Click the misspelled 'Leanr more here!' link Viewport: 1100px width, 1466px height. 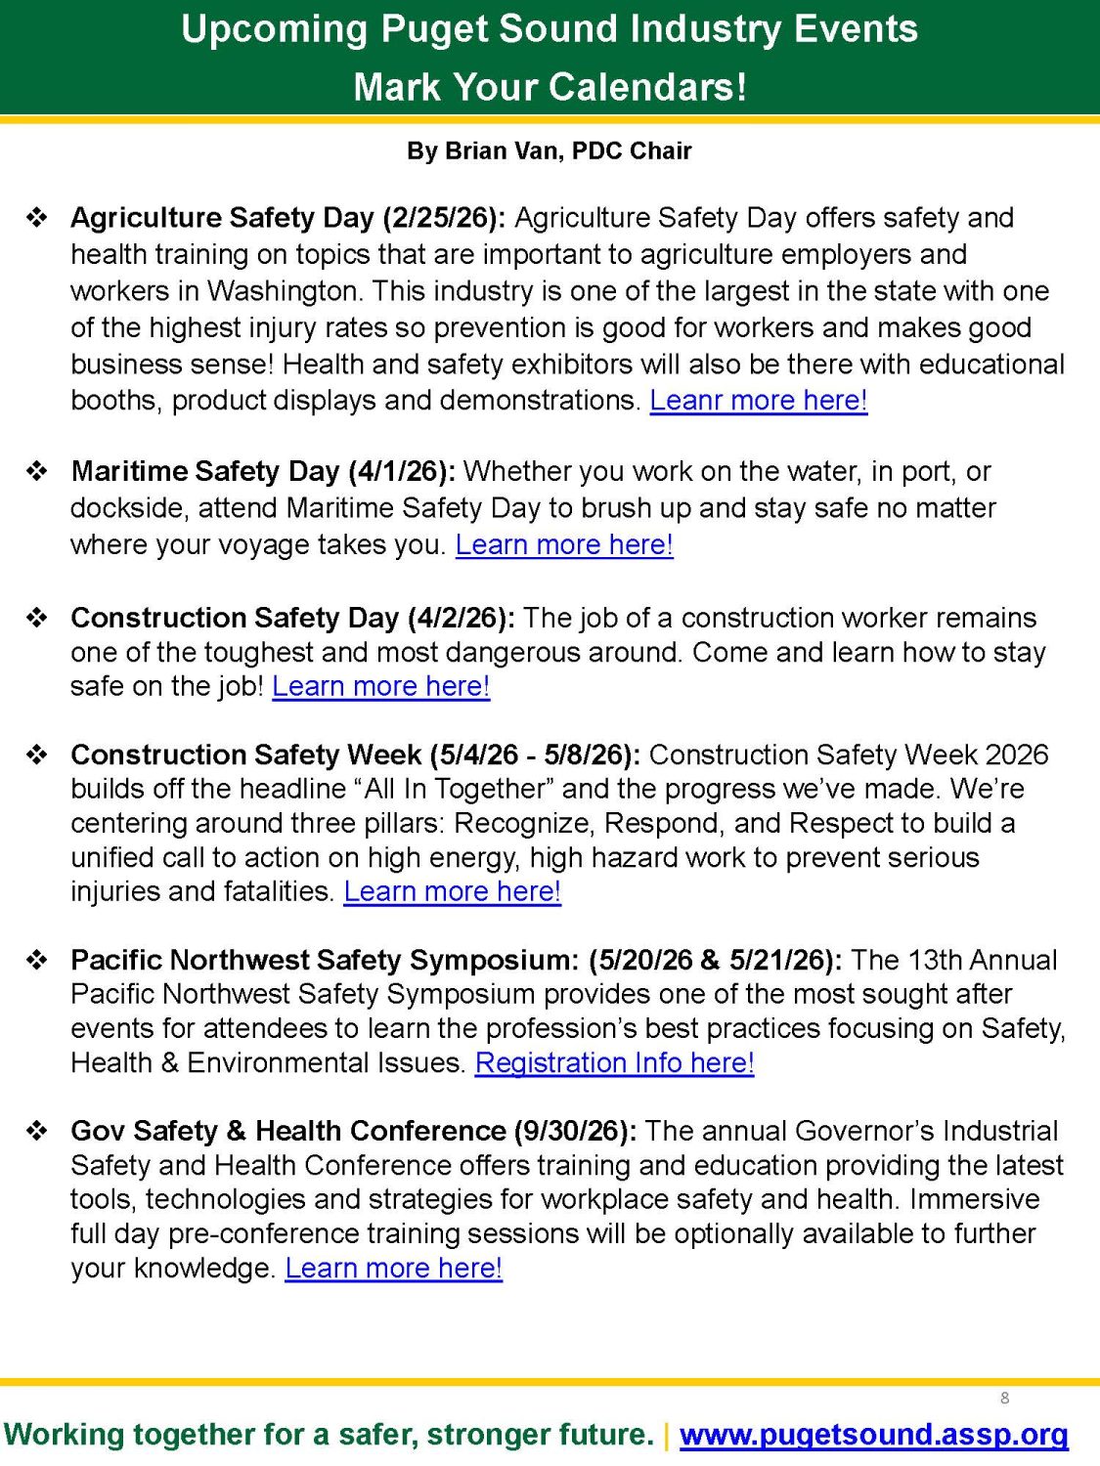coord(759,401)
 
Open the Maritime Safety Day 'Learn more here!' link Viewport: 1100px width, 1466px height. coord(564,544)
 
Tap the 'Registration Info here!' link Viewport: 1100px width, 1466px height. coord(614,1062)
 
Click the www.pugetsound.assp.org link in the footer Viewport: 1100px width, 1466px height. coord(873,1435)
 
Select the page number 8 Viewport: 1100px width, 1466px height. coord(1004,1399)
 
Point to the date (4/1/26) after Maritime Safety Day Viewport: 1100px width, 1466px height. coord(402,471)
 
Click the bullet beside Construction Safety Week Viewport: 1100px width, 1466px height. coord(37,755)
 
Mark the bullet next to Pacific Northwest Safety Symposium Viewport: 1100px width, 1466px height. coord(37,960)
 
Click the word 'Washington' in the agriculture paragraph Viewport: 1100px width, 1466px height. coord(283,291)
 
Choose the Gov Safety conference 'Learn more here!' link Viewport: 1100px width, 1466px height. coord(393,1268)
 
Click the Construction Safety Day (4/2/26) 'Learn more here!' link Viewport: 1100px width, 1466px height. coord(380,686)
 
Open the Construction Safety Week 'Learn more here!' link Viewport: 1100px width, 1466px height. coord(452,891)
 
